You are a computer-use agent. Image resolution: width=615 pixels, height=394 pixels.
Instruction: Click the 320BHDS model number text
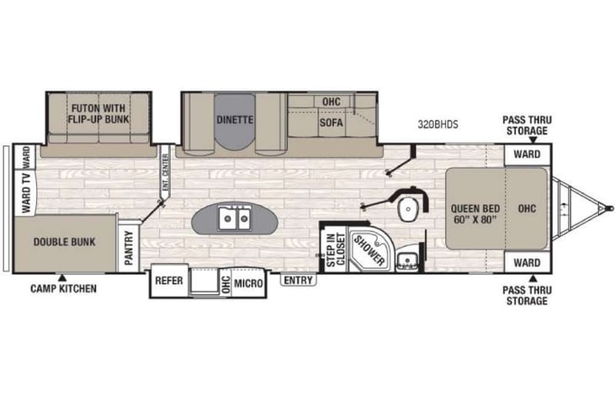438,124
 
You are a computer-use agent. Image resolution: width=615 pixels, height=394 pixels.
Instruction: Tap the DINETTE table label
234,119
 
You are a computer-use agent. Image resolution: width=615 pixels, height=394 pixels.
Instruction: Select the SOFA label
331,120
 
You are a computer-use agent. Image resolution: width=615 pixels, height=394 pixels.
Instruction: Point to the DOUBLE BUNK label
64,242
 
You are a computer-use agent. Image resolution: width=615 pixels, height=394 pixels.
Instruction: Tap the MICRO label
248,284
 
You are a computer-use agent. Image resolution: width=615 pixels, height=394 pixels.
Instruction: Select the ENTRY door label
298,280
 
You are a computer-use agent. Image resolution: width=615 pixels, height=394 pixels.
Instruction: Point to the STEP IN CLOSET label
336,249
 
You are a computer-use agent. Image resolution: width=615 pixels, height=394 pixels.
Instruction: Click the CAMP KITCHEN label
63,289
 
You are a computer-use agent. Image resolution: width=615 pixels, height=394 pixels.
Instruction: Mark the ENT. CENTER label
166,173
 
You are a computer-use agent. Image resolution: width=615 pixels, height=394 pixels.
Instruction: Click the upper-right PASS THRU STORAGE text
526,125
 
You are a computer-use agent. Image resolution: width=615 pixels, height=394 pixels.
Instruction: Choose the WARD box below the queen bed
527,262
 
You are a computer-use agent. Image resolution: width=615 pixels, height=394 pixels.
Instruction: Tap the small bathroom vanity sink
408,259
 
